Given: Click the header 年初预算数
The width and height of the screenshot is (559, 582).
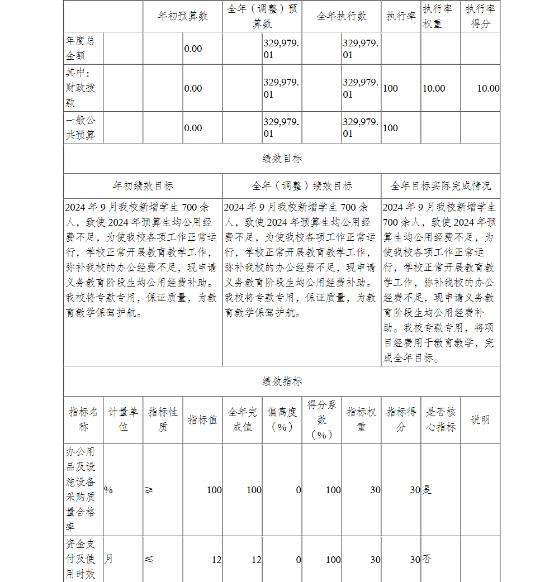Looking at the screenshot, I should pyautogui.click(x=183, y=16).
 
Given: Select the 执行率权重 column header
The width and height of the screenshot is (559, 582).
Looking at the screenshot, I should pyautogui.click(x=440, y=16).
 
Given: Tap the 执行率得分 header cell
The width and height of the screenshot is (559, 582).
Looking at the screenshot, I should pyautogui.click(x=480, y=16).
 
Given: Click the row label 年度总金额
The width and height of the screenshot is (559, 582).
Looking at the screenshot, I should pyautogui.click(x=80, y=49).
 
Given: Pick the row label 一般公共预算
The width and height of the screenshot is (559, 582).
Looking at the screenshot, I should pyautogui.click(x=80, y=128).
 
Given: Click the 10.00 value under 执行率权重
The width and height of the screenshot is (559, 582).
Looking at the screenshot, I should pyautogui.click(x=434, y=88).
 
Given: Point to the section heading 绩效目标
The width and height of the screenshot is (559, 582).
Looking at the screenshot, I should pyautogui.click(x=282, y=159).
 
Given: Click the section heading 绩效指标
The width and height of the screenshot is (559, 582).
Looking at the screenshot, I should pyautogui.click(x=282, y=381).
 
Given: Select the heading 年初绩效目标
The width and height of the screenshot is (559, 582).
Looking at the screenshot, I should pyautogui.click(x=143, y=186).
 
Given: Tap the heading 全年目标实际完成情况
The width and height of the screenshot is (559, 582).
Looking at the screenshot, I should pyautogui.click(x=440, y=186).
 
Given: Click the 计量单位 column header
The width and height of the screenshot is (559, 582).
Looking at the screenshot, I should pyautogui.click(x=123, y=419).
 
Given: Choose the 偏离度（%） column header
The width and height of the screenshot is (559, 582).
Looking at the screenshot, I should pyautogui.click(x=282, y=419).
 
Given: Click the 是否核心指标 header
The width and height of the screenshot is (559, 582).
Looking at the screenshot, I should pyautogui.click(x=440, y=419).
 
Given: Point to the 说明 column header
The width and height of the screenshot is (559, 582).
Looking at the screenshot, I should pyautogui.click(x=480, y=419).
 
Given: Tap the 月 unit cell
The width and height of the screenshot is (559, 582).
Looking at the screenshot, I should pyautogui.click(x=108, y=560).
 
